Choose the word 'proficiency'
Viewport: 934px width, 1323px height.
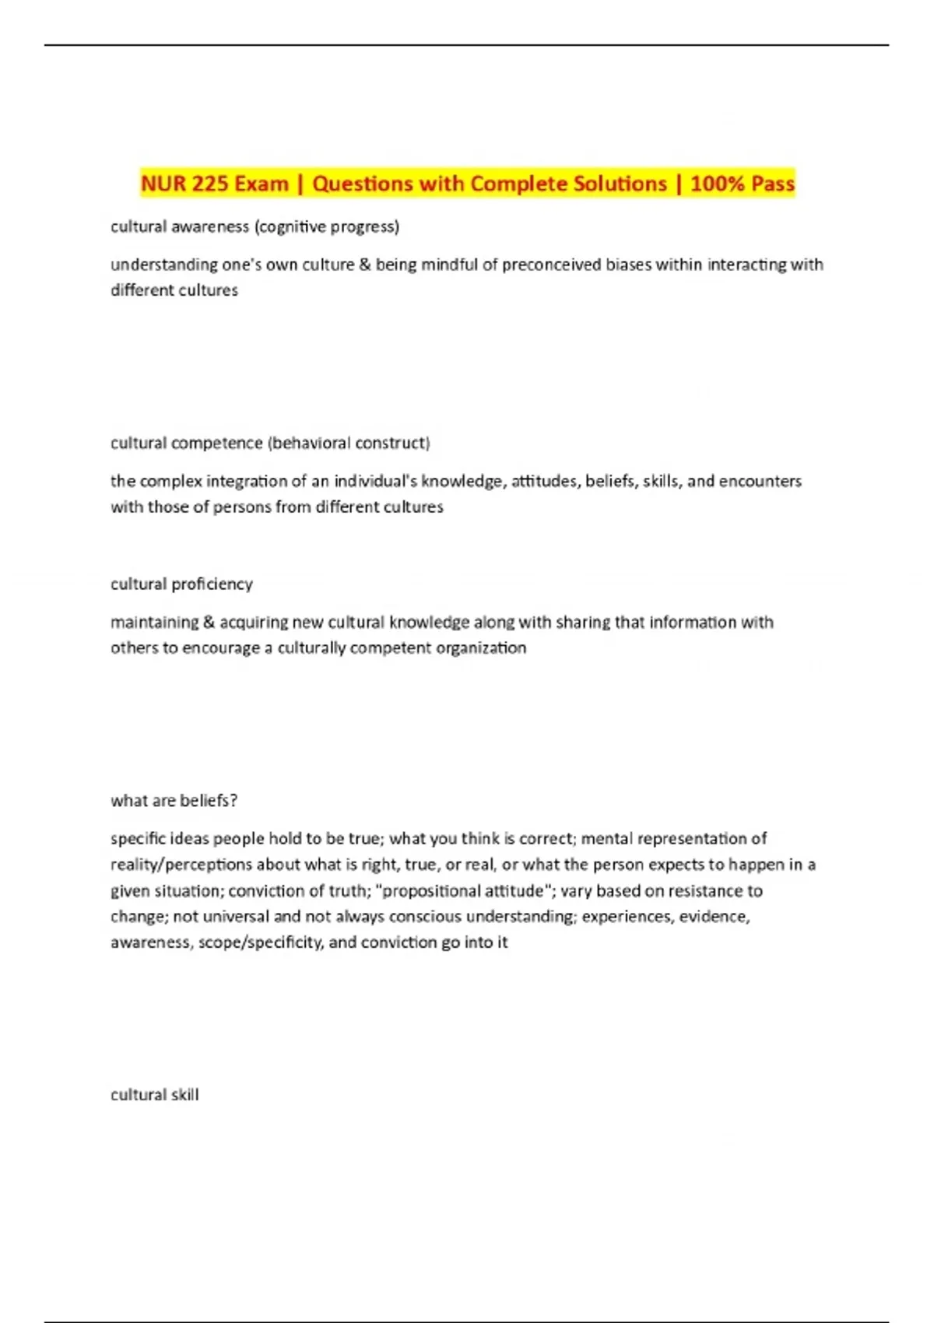click(x=212, y=584)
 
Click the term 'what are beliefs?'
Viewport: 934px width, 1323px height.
click(x=174, y=800)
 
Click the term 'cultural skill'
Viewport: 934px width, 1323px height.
click(x=154, y=1094)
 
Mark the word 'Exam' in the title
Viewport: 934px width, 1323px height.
click(x=262, y=184)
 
